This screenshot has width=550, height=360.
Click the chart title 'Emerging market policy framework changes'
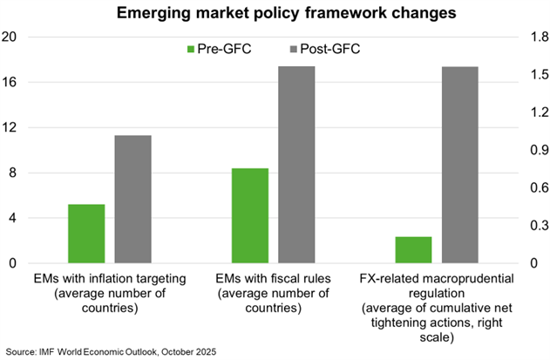[x=274, y=13]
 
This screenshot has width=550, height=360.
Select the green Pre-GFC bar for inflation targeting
[x=86, y=234]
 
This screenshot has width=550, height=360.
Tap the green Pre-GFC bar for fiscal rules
[x=250, y=215]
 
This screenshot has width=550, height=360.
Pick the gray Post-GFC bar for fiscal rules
[x=296, y=165]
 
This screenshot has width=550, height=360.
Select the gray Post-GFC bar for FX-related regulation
[x=459, y=165]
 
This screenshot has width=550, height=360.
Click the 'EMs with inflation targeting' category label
[x=111, y=294]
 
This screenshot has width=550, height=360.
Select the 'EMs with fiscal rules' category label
[x=274, y=294]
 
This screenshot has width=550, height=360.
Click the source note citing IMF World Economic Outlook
[x=110, y=350]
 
